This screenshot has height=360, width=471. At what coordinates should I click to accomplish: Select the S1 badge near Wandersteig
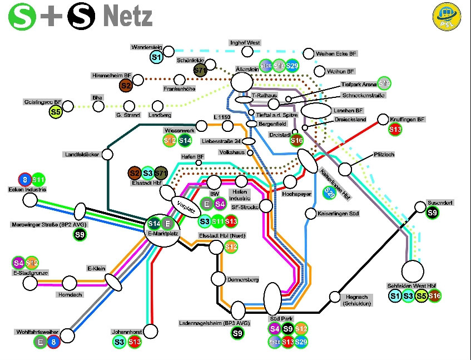click(x=156, y=57)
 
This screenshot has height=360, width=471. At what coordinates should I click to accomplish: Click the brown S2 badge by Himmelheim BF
click(x=126, y=85)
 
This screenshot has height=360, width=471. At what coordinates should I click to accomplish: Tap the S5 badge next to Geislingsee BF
click(x=55, y=112)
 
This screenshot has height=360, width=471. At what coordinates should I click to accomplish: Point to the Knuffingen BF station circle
click(x=383, y=120)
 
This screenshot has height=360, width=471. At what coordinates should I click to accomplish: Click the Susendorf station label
click(x=439, y=203)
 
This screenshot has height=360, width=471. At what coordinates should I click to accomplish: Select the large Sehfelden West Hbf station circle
click(x=413, y=272)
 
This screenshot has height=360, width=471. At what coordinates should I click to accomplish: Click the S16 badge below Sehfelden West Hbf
click(x=434, y=296)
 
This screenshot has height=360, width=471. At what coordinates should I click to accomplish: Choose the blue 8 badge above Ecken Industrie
click(x=24, y=179)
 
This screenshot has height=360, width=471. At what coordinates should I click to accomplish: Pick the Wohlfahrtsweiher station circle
click(x=67, y=335)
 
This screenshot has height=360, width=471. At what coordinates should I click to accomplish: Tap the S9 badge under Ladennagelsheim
click(x=237, y=333)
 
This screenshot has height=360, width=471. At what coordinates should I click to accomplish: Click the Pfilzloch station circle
click(x=345, y=169)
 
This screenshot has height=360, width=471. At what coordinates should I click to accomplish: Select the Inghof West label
click(x=245, y=43)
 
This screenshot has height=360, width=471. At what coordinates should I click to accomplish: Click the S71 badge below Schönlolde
click(x=201, y=70)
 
